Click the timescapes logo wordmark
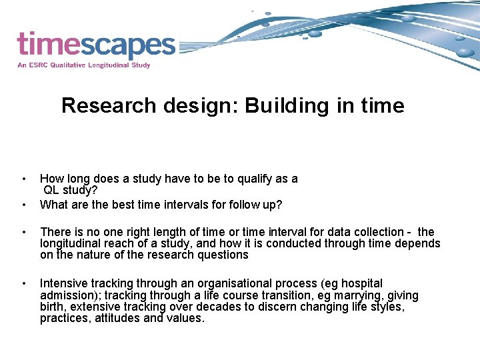96,45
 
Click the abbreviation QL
53,190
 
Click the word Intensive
63,284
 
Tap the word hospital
359,284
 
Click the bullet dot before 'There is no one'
25,232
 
